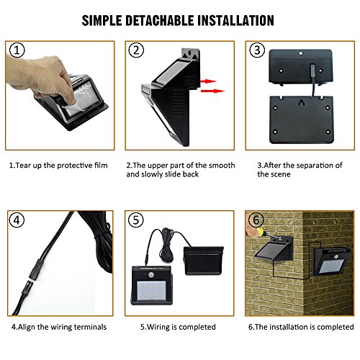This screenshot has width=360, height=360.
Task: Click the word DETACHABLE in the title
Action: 160,20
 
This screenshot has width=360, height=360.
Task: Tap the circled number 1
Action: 17,50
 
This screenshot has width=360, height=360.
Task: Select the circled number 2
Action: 136,50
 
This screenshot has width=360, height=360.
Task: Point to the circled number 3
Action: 257,50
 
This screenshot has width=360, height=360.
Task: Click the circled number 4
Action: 17,220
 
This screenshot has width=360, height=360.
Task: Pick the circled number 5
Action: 136,220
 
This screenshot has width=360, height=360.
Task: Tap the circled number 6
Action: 256,220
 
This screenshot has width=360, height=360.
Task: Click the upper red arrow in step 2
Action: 208,81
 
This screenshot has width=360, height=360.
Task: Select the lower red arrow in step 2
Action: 212,91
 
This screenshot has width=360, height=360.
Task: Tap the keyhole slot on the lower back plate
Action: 301,104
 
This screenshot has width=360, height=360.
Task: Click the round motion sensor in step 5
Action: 151,275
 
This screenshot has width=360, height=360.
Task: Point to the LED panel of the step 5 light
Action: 151,291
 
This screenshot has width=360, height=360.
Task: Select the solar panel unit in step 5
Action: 204,261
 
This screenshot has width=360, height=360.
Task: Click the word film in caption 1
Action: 101,166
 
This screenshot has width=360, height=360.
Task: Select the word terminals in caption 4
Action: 90,327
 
